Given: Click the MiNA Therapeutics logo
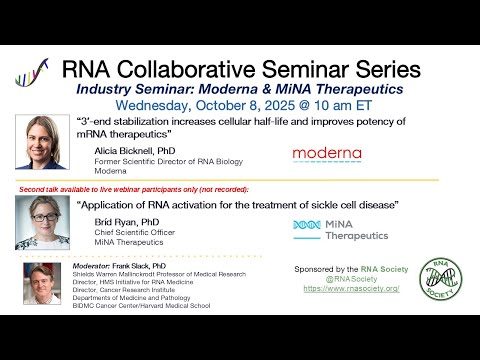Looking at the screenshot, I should pos(326,230).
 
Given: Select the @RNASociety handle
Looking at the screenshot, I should pos(350,279).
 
